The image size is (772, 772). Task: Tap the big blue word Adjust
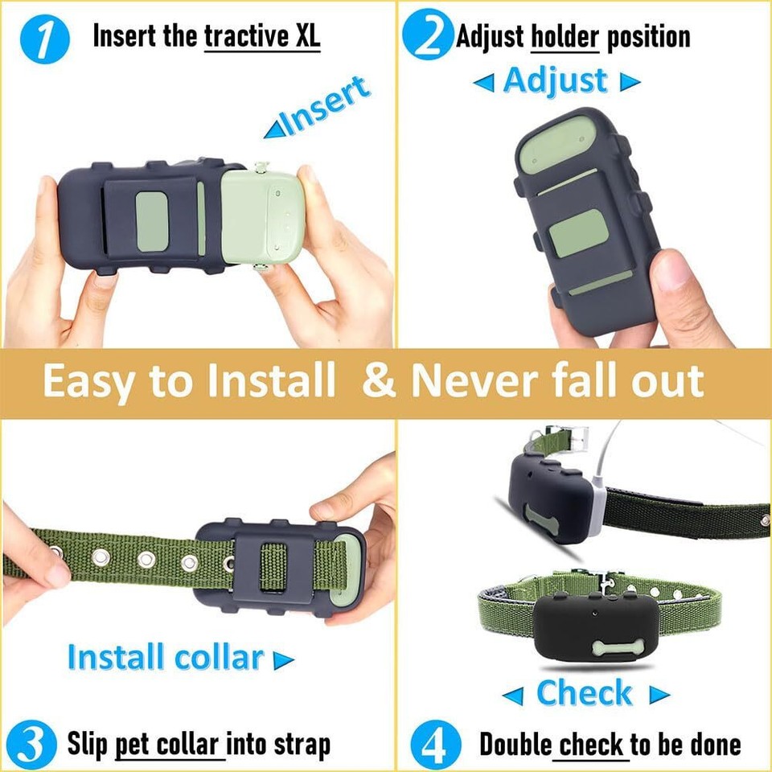point(555,81)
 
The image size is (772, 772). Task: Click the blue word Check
point(585,693)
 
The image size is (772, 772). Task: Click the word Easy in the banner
point(88,384)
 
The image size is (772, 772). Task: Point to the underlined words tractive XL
point(261,37)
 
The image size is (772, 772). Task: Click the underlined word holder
point(565,37)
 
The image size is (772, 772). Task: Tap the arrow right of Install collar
point(283,661)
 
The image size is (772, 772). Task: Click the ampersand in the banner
point(379,384)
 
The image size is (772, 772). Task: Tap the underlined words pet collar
point(169,745)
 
